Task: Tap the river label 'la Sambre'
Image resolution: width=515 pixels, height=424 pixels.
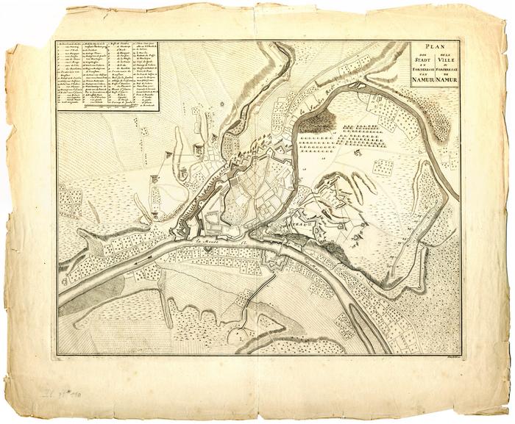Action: [x=315, y=110]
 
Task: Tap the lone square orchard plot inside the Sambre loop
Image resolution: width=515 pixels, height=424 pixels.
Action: [x=383, y=167]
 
